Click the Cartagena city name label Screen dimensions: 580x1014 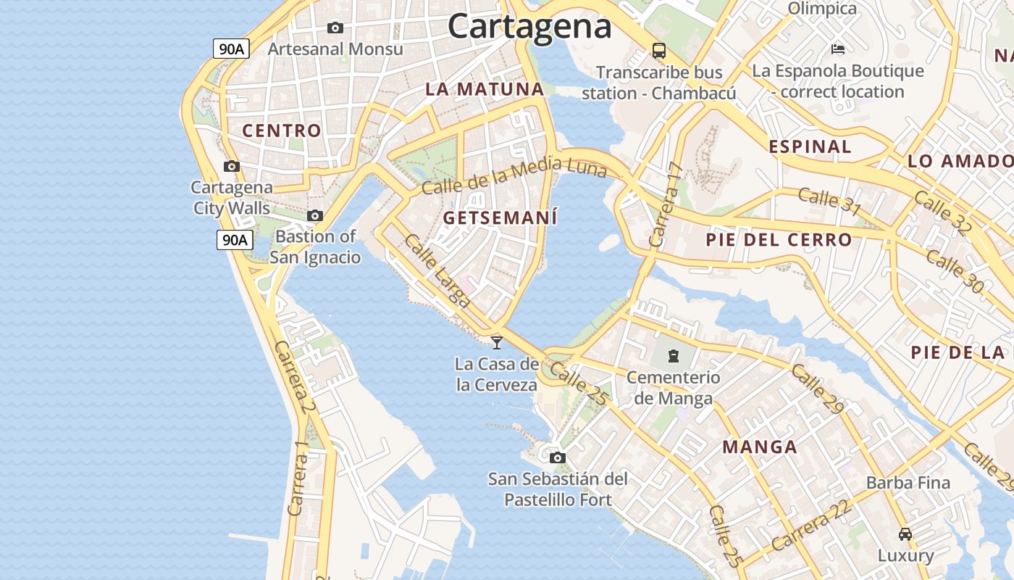pyautogui.click(x=529, y=27)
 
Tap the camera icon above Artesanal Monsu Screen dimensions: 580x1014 pyautogui.click(x=335, y=28)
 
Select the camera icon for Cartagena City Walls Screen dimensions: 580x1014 pyautogui.click(x=232, y=167)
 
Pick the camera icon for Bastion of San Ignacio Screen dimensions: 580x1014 pyautogui.click(x=315, y=216)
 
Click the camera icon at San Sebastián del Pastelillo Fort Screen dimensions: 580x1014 pyautogui.click(x=557, y=457)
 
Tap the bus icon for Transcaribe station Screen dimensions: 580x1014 pyautogui.click(x=658, y=51)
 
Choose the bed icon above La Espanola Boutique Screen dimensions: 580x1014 pyautogui.click(x=838, y=49)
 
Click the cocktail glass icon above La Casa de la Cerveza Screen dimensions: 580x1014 pyautogui.click(x=497, y=342)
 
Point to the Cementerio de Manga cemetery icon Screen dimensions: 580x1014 pyautogui.click(x=674, y=356)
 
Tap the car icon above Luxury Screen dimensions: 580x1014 pyautogui.click(x=905, y=534)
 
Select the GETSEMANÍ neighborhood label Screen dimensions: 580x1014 pyautogui.click(x=500, y=217)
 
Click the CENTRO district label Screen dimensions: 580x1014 pyautogui.click(x=282, y=131)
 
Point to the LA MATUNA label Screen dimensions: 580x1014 pyautogui.click(x=485, y=89)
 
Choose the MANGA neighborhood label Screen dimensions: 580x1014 pyautogui.click(x=760, y=447)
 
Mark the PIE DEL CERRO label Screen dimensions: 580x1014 pyautogui.click(x=779, y=240)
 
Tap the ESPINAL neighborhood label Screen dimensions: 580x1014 pyautogui.click(x=810, y=146)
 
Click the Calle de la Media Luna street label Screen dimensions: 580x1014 pyautogui.click(x=514, y=176)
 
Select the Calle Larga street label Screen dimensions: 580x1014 pyautogui.click(x=437, y=270)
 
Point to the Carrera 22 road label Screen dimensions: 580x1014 pyautogui.click(x=810, y=526)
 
